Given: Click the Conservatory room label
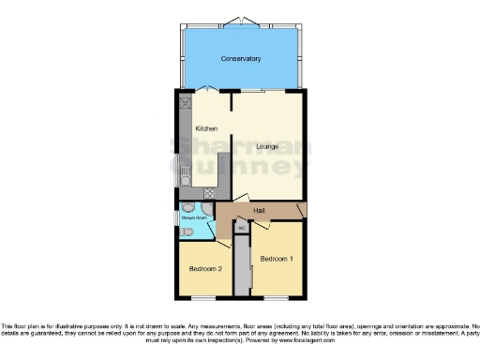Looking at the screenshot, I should point(241,59).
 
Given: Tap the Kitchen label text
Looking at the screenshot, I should point(206,127).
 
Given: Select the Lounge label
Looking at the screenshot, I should point(268,146).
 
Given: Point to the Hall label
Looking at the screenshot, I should point(259,210).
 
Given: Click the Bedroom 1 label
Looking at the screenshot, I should point(277,258).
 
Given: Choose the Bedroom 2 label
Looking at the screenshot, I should point(204,268).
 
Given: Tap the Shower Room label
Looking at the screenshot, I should point(194,217).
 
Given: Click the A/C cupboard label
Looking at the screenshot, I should point(241,228).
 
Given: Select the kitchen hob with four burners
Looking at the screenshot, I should point(208,193).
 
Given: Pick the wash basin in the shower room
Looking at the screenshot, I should point(190,208).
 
